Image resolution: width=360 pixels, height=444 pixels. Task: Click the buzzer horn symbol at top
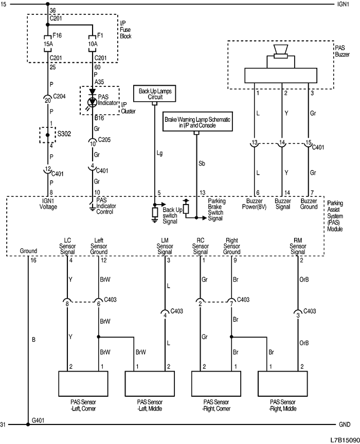pos(280,51)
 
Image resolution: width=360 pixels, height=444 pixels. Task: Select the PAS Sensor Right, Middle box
pos(282,382)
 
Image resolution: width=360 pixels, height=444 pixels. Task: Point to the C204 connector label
pos(62,96)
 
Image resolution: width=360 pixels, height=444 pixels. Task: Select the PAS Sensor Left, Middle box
pos(149,382)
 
